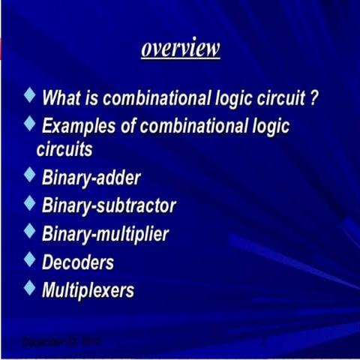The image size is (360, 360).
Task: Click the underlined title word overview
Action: click(180, 49)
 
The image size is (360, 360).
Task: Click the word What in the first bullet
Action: click(61, 97)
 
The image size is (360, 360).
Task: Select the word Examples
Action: click(77, 125)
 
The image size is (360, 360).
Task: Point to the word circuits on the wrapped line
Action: click(64, 148)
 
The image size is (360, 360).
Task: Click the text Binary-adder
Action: click(91, 178)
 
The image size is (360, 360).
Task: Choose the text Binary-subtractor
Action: click(109, 205)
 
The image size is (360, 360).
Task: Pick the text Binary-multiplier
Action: click(105, 233)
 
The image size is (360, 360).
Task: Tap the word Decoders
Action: click(78, 262)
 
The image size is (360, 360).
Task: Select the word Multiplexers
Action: click(88, 289)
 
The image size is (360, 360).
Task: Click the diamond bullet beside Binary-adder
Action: click(29, 176)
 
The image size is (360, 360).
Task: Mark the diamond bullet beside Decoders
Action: click(29, 259)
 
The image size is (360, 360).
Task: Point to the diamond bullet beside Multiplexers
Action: click(29, 287)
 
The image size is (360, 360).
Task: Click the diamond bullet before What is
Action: click(29, 95)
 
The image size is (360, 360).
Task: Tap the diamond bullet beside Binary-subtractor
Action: click(29, 203)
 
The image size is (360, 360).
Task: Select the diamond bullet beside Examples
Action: click(29, 122)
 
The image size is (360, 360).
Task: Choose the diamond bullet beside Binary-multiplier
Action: click(29, 231)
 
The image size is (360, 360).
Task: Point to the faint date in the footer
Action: click(62, 342)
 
